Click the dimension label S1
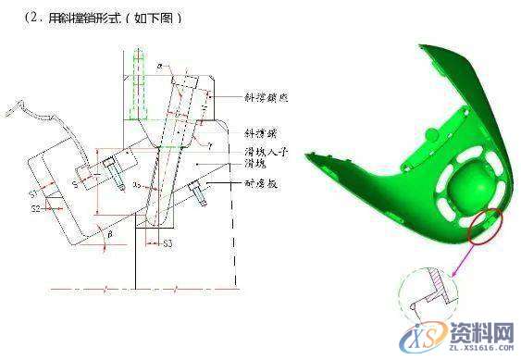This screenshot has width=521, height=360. pos(33,194)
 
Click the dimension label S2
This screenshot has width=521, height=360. pos(34,209)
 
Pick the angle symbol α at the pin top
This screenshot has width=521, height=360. pos(159,68)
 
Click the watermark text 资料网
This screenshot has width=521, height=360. pos(481,331)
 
